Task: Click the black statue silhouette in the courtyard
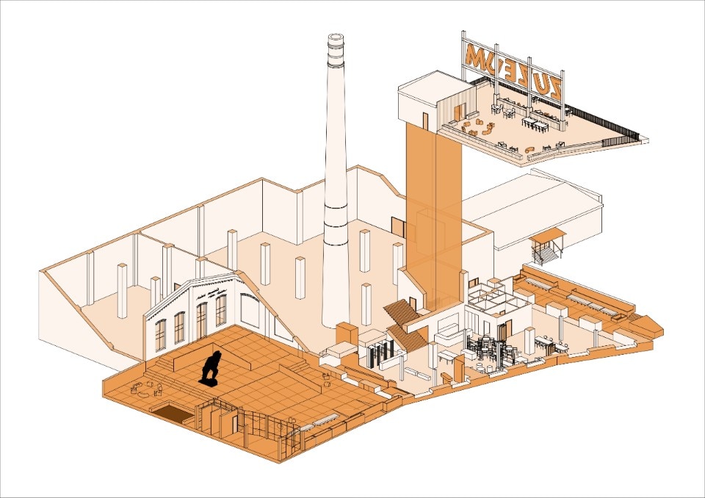211,367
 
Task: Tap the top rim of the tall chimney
336,37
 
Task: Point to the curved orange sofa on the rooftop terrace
471,131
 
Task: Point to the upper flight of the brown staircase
401,311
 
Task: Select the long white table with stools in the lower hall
552,342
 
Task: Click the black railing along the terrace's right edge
602,123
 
